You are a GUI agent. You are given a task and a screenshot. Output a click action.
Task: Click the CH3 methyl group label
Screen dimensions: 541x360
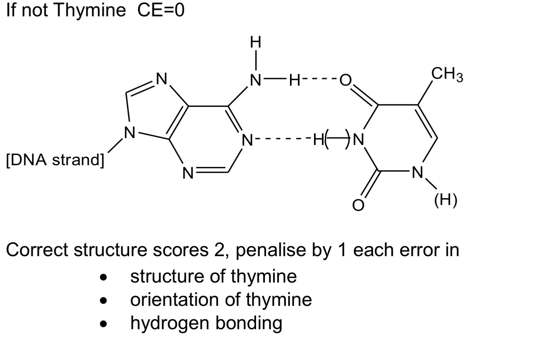click(447, 74)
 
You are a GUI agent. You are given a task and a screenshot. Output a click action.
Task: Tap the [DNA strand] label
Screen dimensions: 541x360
click(55, 160)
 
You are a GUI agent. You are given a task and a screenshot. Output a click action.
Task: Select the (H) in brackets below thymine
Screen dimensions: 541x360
click(446, 200)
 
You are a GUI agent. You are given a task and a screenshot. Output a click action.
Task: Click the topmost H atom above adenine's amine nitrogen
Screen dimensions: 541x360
click(255, 42)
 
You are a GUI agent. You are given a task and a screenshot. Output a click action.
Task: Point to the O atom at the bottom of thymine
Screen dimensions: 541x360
click(358, 205)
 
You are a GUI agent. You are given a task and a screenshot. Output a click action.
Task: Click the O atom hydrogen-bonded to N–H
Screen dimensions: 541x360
click(346, 80)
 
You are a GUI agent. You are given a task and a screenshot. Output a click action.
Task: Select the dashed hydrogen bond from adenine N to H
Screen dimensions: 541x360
click(282, 139)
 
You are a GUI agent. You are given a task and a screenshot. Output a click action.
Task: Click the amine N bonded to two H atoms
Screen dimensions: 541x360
click(255, 80)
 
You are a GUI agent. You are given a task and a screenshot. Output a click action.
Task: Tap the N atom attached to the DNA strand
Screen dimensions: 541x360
click(130, 133)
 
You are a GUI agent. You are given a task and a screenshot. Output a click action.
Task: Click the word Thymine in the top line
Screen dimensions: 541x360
click(90, 10)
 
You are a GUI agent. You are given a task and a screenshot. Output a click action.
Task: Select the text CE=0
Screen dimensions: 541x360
click(161, 10)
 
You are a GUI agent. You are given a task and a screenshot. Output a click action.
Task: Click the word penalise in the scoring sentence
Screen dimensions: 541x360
click(271, 250)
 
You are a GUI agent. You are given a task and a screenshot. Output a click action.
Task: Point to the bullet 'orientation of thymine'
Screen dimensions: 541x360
click(221, 300)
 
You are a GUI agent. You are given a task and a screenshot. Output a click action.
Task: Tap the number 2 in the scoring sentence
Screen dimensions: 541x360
click(219, 250)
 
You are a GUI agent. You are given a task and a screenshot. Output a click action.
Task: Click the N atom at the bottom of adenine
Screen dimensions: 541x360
click(188, 173)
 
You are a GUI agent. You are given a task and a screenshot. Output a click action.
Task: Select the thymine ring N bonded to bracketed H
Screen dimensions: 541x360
click(417, 172)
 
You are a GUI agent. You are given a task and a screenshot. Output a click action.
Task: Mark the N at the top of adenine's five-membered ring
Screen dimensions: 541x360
click(161, 79)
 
